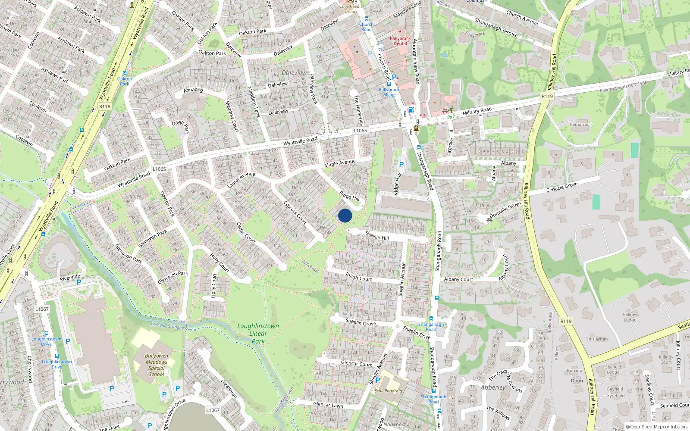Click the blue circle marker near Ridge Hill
[x=345, y=215]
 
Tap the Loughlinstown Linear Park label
[x=258, y=334]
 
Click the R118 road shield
[x=105, y=106]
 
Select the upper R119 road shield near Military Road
[x=547, y=96]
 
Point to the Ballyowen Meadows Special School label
[x=156, y=365]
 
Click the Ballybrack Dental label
[x=400, y=41]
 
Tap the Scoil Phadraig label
[x=388, y=391]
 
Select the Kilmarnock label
[x=581, y=125]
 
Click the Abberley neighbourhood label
[x=493, y=387]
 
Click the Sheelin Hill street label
[x=377, y=235]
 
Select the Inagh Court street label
[x=358, y=276]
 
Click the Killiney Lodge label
[x=630, y=317]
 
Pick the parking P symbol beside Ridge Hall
[x=401, y=165]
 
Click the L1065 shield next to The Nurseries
[x=360, y=131]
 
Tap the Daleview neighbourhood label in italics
[x=294, y=73]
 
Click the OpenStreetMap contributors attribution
[x=656, y=427]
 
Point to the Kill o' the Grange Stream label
[x=172, y=327]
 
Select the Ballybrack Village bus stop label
[x=389, y=92]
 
